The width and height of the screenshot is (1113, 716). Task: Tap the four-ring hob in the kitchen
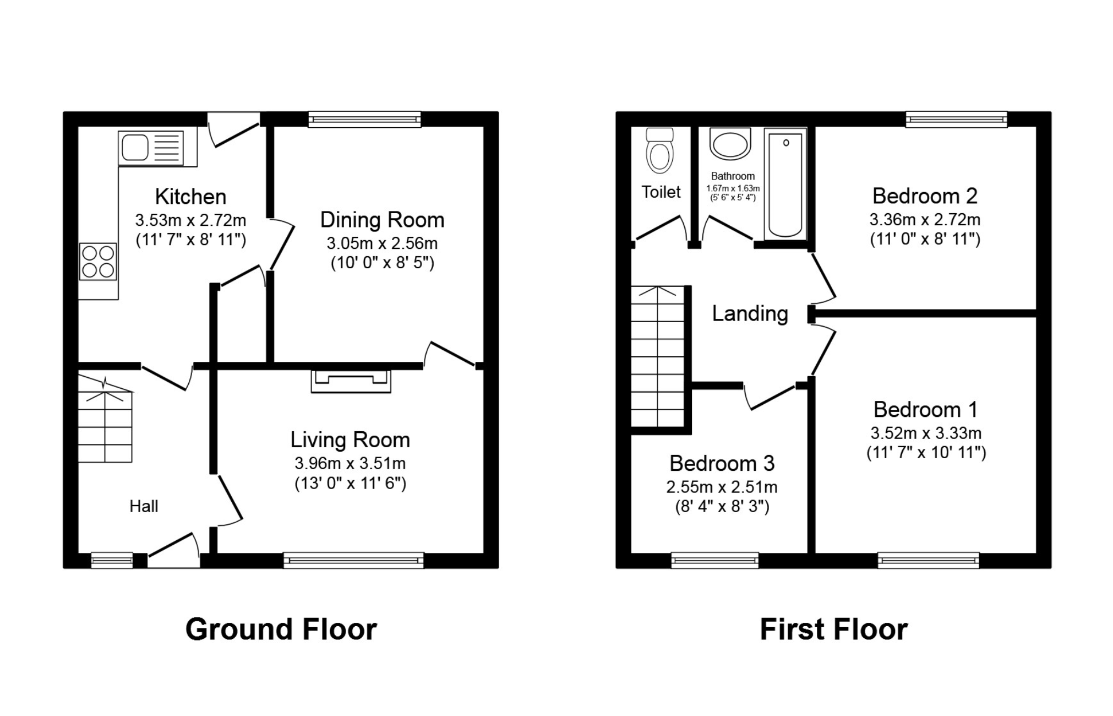[x=99, y=261]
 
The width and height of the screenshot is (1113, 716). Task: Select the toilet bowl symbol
[x=659, y=151]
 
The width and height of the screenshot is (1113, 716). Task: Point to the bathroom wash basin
[x=730, y=144]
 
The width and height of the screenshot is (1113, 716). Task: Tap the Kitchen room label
[x=190, y=197]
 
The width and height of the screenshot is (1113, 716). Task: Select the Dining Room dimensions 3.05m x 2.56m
[x=382, y=243]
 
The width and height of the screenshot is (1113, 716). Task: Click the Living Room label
[x=350, y=440]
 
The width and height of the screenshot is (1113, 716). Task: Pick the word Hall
[x=144, y=506]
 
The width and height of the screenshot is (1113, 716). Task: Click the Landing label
[x=750, y=313]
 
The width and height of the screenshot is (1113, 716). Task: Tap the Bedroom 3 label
[x=722, y=464]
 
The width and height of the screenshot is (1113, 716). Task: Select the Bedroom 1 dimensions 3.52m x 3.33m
[x=926, y=433]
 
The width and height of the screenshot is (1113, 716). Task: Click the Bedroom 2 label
[x=925, y=196]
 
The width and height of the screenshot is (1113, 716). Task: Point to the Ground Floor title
[x=281, y=630]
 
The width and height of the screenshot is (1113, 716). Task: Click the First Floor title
[x=833, y=630]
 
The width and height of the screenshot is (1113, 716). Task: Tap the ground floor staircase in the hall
[x=105, y=421]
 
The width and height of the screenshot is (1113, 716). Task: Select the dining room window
[x=364, y=120]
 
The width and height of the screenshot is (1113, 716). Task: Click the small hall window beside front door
[x=112, y=561]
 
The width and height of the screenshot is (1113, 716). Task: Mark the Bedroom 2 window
[x=957, y=120]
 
